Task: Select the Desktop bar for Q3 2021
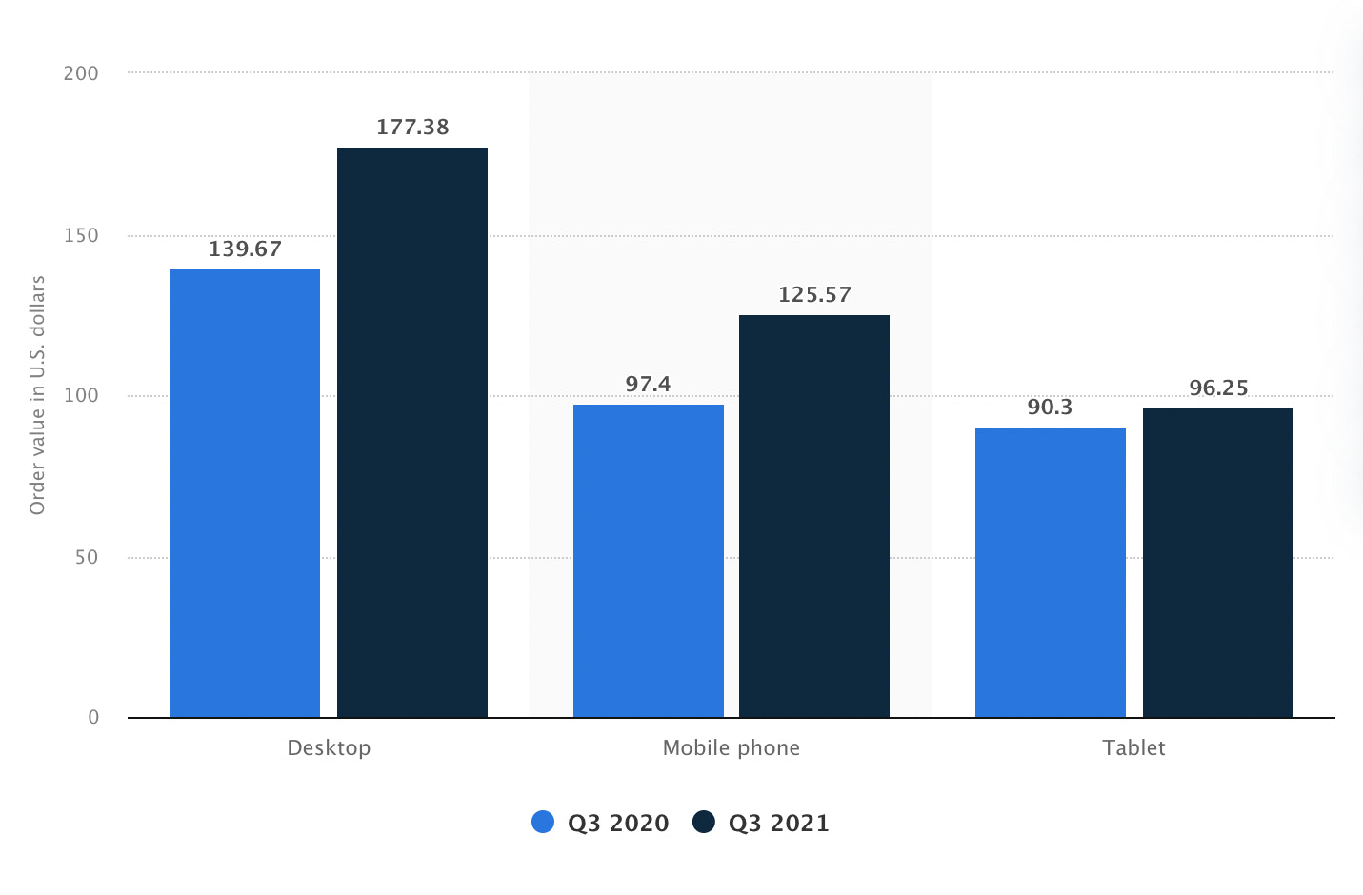412,432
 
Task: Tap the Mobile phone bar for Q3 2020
649,561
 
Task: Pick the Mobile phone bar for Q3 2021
814,516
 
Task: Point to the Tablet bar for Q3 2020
1051,572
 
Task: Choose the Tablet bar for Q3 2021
1218,563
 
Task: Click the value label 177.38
412,128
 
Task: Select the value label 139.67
246,249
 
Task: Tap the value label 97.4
649,385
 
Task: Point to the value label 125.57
814,295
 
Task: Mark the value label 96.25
1218,388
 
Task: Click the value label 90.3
1050,408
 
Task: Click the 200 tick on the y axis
81,73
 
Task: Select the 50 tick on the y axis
87,557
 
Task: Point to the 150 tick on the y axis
81,235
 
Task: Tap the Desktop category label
329,748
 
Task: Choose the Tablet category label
1133,748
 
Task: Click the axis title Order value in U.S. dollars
38,395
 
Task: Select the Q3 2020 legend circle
543,822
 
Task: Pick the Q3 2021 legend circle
704,822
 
